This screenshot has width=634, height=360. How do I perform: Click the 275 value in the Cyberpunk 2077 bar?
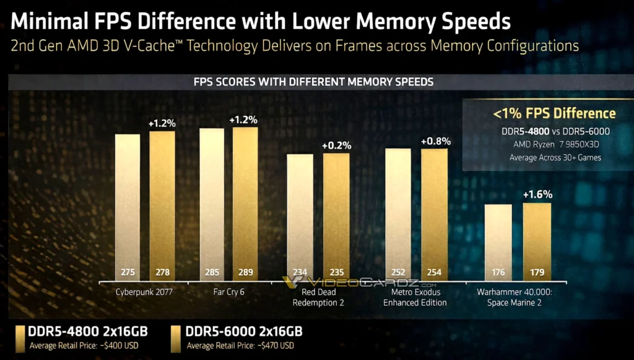tap(127, 272)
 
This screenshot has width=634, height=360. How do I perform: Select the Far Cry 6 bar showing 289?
tap(245, 204)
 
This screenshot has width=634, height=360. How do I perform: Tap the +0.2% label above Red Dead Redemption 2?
tap(336, 146)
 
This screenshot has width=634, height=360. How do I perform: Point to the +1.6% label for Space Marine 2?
tap(537, 195)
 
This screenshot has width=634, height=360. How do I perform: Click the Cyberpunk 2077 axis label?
tap(144, 292)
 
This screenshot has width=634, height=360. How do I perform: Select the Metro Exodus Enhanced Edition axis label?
tap(414, 297)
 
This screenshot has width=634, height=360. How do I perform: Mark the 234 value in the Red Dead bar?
tap(300, 272)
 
